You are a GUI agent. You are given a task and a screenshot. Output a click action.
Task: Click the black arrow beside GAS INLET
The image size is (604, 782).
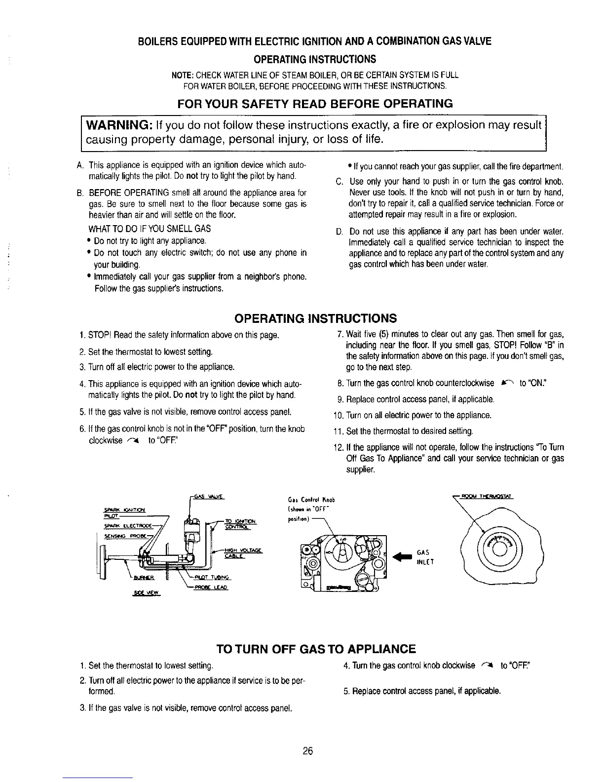(x=401, y=556)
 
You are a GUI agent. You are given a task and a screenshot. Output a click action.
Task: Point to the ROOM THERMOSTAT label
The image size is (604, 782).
(x=487, y=497)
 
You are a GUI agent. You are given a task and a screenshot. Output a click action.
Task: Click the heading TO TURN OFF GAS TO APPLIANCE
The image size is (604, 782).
(x=316, y=649)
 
